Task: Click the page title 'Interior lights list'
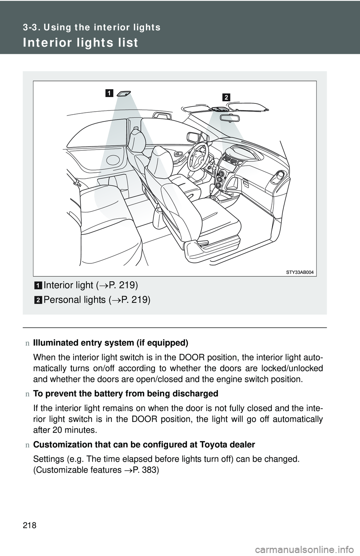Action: (80, 43)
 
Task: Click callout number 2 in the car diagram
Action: (226, 97)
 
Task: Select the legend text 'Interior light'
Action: (68, 285)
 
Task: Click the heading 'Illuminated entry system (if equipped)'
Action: (111, 343)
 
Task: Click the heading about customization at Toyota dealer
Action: (144, 445)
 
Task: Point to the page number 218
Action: (31, 526)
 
